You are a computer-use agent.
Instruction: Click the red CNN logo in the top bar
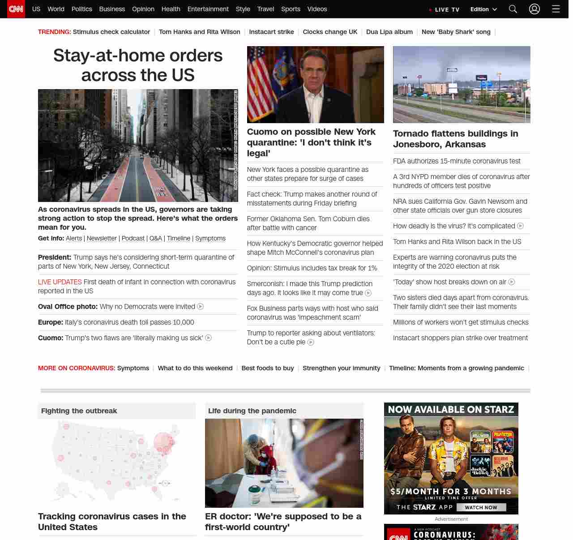16,9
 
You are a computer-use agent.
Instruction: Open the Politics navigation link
81,9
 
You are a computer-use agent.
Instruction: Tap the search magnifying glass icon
513,9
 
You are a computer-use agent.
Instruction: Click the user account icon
535,9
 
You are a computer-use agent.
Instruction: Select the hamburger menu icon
556,9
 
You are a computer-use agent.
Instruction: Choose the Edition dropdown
483,9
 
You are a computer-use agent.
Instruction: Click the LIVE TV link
444,9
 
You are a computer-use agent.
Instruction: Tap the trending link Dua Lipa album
389,32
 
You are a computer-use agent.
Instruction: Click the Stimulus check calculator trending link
111,32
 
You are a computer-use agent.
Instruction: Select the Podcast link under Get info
133,238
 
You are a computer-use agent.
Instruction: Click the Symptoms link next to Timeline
210,238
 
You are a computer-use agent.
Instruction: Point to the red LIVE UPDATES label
60,282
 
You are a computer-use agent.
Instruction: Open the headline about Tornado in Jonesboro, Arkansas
455,139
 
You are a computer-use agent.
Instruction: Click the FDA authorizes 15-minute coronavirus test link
457,161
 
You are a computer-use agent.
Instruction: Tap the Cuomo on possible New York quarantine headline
311,142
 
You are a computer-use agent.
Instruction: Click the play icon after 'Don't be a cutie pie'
311,342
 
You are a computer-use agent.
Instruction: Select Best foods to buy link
268,368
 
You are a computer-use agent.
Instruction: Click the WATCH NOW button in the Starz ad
481,507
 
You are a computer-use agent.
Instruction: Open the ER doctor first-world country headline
283,522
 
